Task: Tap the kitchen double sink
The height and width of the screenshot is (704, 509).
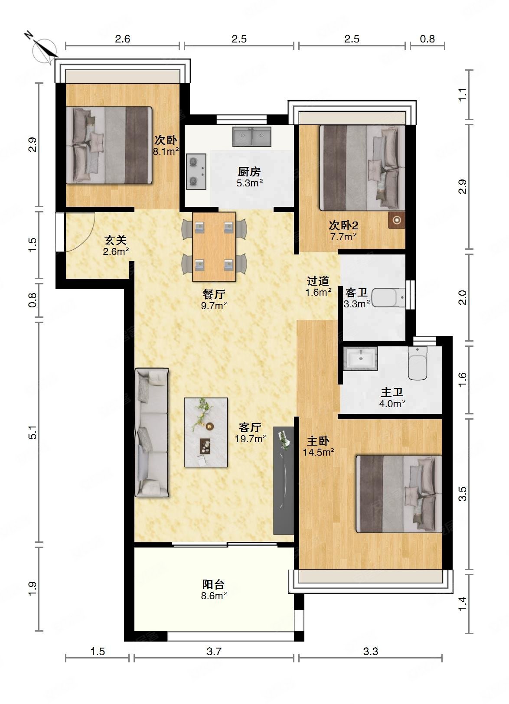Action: (x=251, y=137)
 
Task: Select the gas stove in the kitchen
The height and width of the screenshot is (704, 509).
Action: (x=196, y=172)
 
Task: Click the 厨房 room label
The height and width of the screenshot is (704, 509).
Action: (x=249, y=172)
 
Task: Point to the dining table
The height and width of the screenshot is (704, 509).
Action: (x=214, y=246)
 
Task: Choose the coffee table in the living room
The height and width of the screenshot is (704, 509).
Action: (x=206, y=433)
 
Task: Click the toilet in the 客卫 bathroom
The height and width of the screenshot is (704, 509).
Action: (x=388, y=297)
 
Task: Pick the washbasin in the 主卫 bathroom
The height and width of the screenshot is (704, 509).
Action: (x=360, y=359)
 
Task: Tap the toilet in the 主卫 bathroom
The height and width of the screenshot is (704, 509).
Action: (x=418, y=363)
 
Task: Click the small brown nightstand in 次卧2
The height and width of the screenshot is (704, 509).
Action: (x=396, y=220)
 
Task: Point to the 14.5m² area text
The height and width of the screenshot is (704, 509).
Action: (x=318, y=452)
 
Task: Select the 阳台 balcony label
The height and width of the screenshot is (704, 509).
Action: (x=213, y=584)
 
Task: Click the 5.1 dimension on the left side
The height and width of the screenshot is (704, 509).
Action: (x=33, y=432)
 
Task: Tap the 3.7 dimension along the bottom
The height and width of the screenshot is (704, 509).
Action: (x=214, y=652)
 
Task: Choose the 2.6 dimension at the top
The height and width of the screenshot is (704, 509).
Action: (x=122, y=39)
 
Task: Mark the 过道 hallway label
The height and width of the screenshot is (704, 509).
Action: (x=318, y=280)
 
